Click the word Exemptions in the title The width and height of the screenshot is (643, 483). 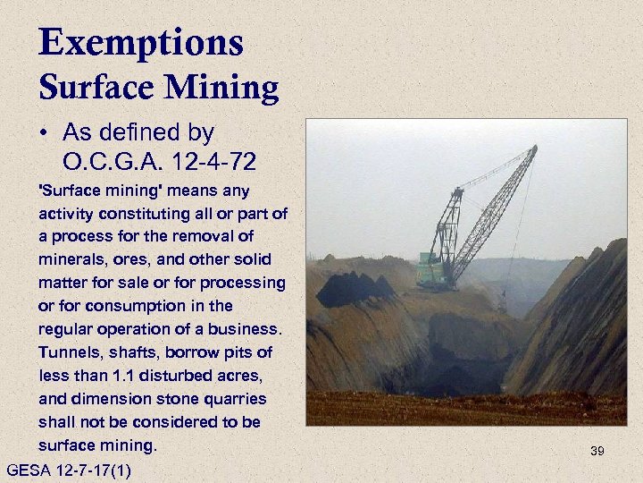140,42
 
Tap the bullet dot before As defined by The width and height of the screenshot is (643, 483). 44,134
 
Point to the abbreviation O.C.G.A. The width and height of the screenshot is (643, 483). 109,163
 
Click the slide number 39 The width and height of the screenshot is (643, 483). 597,452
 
